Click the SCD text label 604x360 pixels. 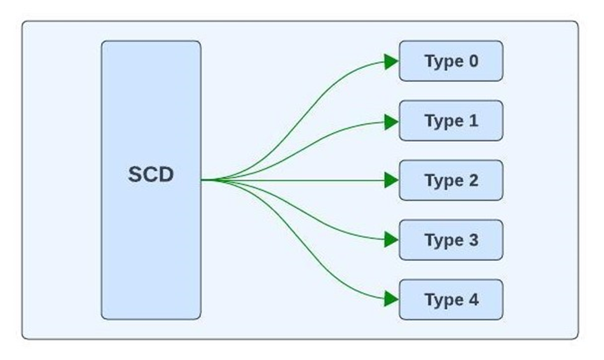[151, 174]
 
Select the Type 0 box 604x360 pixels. [451, 61]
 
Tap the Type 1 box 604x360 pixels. [451, 121]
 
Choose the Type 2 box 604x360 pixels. [451, 181]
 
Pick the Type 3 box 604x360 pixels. [451, 240]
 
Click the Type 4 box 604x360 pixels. [451, 300]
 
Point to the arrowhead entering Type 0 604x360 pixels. [391, 61]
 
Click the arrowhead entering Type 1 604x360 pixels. [391, 121]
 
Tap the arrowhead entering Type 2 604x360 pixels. [391, 181]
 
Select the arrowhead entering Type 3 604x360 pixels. [391, 240]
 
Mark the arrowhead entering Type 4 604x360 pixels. [391, 299]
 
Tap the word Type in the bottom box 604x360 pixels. [443, 300]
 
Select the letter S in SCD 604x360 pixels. [135, 174]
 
